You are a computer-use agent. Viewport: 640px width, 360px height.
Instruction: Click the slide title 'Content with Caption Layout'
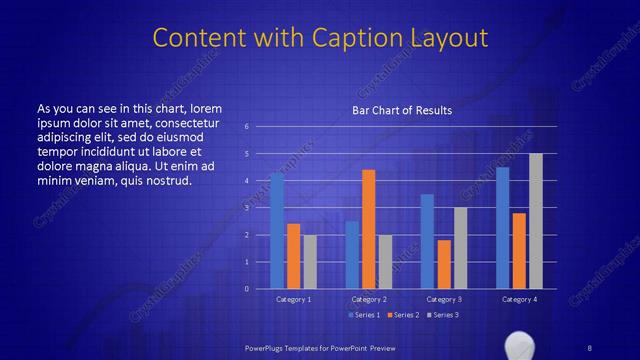coord(320,38)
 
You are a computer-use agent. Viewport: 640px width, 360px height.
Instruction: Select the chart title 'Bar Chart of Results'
coord(402,110)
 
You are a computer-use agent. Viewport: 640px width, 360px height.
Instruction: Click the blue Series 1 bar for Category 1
coord(277,230)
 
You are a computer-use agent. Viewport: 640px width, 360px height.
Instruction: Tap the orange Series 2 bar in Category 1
coord(293,256)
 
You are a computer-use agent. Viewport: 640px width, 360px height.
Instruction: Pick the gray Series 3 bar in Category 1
coord(309,261)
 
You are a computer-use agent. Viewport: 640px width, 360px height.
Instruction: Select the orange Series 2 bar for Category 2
coord(368,229)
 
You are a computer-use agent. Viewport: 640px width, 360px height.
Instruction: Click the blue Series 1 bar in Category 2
coord(352,254)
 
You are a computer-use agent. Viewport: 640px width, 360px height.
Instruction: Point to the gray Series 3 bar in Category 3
coord(459,248)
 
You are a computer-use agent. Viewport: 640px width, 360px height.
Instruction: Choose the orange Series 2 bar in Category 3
coord(443,264)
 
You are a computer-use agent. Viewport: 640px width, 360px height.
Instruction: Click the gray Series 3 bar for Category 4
coord(535,221)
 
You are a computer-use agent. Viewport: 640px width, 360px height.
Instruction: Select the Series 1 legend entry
coord(365,315)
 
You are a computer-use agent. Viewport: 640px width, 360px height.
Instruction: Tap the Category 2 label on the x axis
coord(368,299)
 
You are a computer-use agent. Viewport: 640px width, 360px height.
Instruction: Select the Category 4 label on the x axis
coord(519,299)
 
